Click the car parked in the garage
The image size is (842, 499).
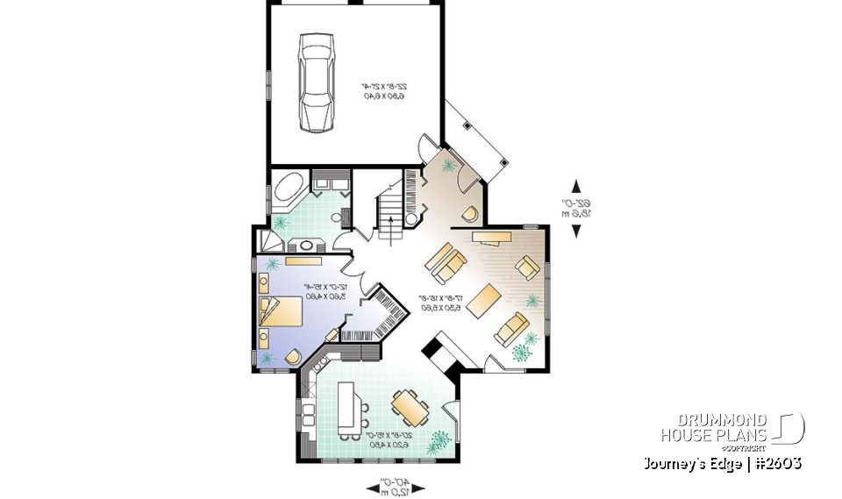[x=316, y=82]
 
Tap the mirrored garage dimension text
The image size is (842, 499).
[x=384, y=90]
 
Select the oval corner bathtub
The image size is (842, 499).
[x=287, y=188]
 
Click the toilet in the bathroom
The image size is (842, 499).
[x=335, y=216]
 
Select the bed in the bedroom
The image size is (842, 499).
[x=279, y=311]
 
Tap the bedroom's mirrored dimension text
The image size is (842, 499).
[x=326, y=291]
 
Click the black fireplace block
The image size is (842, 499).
[x=435, y=351]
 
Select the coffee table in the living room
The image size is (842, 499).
[x=483, y=302]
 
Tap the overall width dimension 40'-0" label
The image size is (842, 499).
[x=393, y=485]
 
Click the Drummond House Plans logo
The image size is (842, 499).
[x=732, y=429]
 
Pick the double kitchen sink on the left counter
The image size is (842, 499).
[x=309, y=410]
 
